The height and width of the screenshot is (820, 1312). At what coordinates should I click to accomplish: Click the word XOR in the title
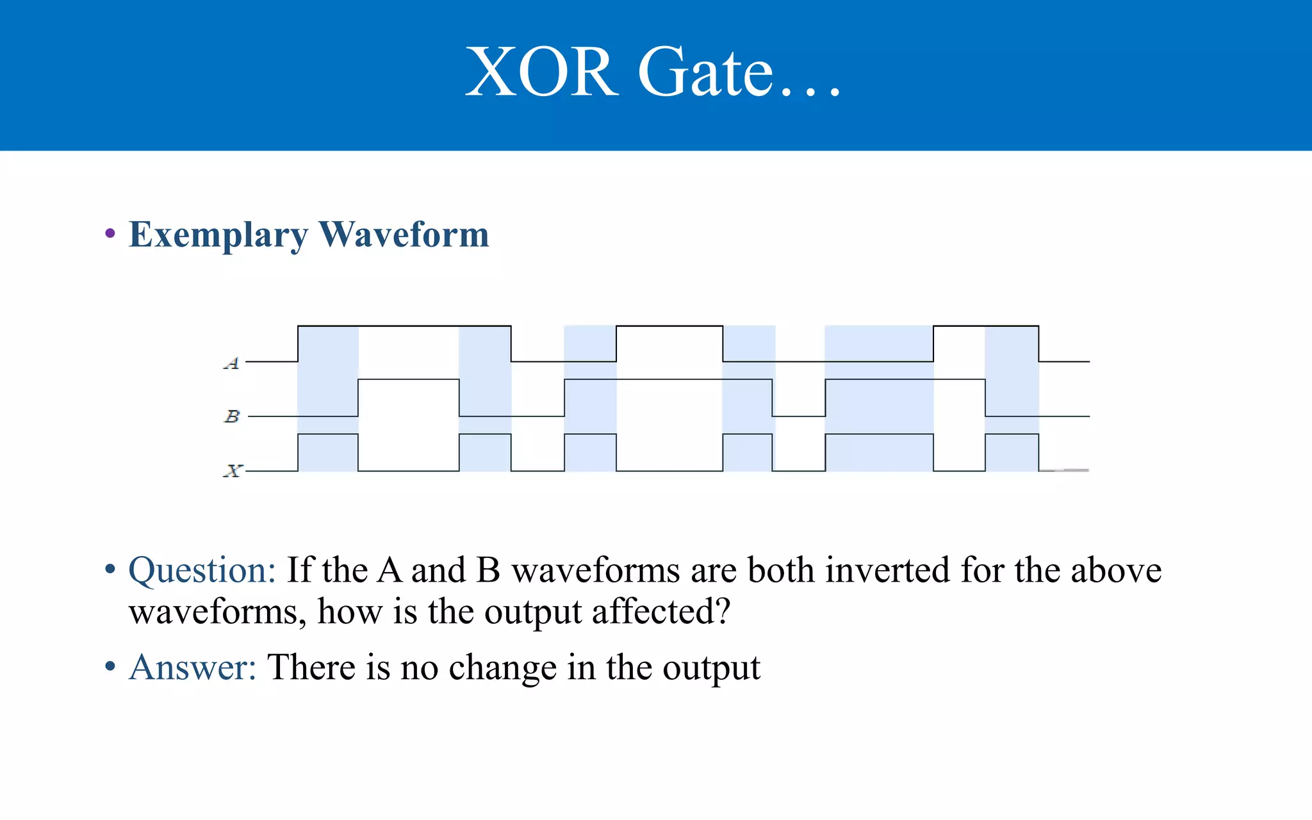pos(541,72)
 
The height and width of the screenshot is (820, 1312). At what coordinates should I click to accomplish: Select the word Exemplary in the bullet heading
pos(218,235)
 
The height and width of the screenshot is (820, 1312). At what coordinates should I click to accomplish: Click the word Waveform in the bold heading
pos(404,234)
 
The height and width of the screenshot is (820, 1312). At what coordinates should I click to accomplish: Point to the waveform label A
pos(232,363)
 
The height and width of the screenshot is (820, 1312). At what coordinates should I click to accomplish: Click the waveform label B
pos(232,416)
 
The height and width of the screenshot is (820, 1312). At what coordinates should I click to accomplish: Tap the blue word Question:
pos(202,570)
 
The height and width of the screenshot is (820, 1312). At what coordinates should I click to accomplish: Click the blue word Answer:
pos(192,668)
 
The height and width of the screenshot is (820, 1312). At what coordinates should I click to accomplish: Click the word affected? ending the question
pos(660,612)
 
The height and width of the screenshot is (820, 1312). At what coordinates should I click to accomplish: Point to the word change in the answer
pos(502,668)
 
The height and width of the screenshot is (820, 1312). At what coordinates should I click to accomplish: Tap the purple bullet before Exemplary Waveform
pos(110,233)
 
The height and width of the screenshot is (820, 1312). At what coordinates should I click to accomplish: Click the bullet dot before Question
pos(110,569)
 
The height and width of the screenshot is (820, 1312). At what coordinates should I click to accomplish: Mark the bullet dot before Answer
pos(110,667)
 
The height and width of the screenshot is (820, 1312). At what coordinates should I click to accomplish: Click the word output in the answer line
pos(711,668)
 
